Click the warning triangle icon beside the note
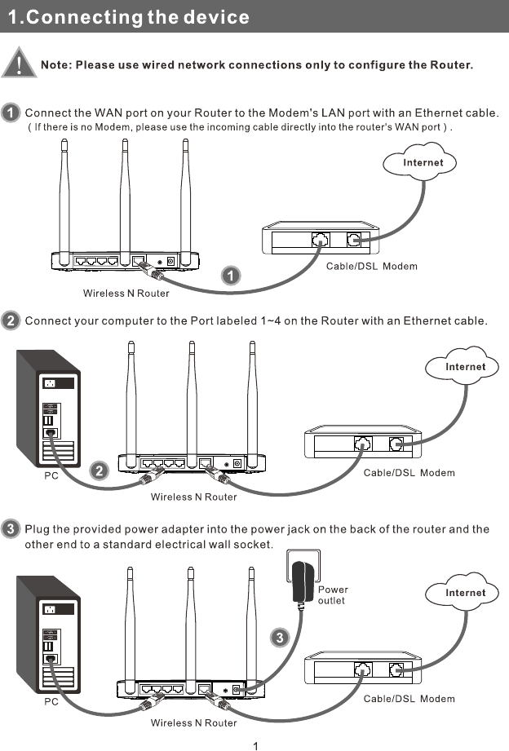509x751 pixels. [19, 62]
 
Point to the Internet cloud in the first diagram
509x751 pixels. [423, 162]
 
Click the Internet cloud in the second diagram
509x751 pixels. [465, 367]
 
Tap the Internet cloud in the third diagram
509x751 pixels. [465, 593]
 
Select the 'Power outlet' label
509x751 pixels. [332, 595]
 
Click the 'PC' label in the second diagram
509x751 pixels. [51, 475]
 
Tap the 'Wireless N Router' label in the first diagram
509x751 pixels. [126, 293]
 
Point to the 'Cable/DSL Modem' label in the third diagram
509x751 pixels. [409, 699]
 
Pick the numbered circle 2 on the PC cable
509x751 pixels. [98, 470]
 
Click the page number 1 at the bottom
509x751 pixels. [256, 744]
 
